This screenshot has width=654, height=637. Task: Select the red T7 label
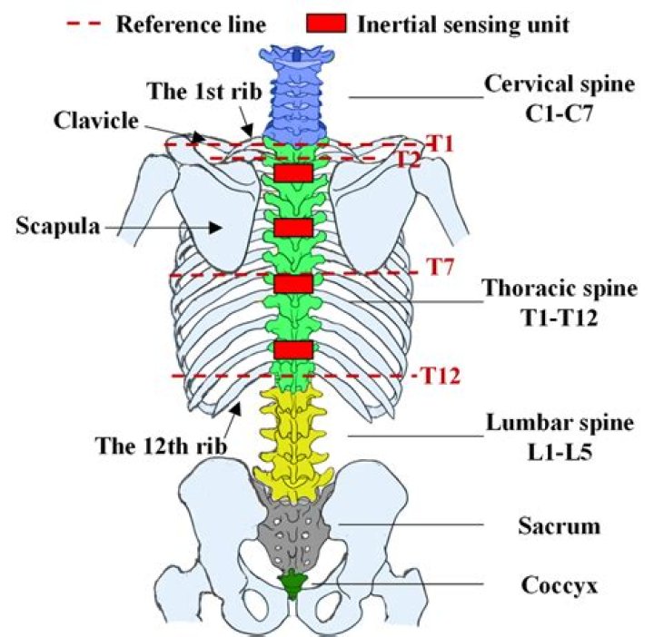click(x=439, y=269)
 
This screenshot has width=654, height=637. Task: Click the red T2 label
click(x=411, y=160)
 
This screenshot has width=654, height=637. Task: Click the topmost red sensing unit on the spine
click(x=293, y=172)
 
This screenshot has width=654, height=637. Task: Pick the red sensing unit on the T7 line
click(x=293, y=283)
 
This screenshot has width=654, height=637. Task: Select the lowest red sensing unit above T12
click(x=293, y=349)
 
